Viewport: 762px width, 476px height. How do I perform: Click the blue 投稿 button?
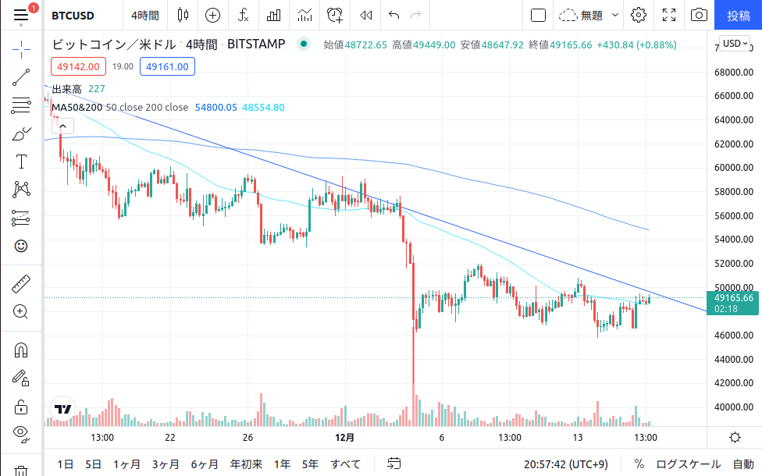(738, 16)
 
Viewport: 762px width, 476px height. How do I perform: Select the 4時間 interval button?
(146, 16)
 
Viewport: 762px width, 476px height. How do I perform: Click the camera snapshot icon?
(700, 16)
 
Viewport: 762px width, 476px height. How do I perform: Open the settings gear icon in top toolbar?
(639, 16)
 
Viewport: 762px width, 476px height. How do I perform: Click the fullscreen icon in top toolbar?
(669, 16)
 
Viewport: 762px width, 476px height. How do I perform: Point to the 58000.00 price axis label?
(733, 192)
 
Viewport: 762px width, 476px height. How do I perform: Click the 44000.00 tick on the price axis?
(733, 359)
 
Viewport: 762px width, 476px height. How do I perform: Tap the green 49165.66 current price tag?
(733, 297)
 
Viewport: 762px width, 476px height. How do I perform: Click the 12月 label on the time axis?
(344, 437)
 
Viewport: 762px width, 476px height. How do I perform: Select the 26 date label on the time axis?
(248, 437)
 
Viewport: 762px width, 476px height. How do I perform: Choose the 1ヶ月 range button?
(127, 464)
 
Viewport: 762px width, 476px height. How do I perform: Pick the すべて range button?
(346, 464)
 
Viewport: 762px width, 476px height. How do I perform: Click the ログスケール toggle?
(688, 464)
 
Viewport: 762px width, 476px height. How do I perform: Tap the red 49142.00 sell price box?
(75, 67)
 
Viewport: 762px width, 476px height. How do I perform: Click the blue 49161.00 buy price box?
(167, 67)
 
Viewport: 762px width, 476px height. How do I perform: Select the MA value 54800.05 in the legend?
(215, 108)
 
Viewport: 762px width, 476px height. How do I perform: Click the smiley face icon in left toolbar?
(21, 246)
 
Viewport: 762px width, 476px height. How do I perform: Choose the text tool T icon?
(21, 162)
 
